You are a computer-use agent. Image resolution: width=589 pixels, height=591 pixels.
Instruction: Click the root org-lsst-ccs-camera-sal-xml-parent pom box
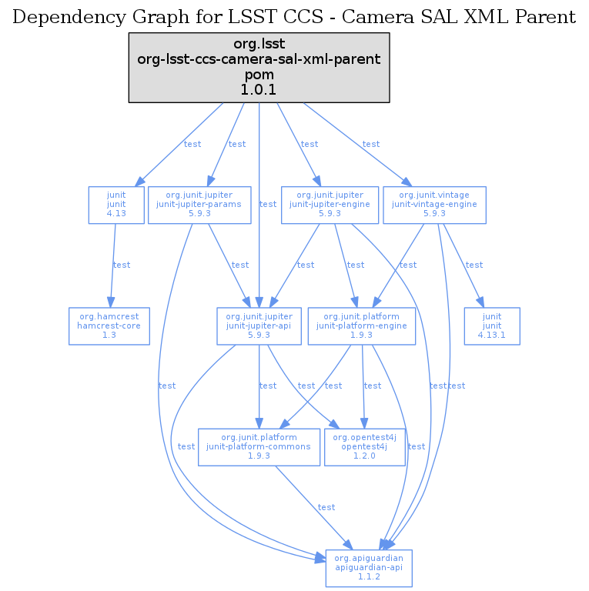(x=259, y=68)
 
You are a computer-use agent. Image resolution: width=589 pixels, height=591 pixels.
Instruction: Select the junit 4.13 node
(x=116, y=205)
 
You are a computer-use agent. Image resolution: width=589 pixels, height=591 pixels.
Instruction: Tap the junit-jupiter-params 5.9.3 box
(x=199, y=205)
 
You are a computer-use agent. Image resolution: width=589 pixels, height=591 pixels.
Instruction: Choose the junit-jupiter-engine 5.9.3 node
(x=330, y=205)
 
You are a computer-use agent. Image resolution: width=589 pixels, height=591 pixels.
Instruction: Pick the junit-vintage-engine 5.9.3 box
(x=434, y=205)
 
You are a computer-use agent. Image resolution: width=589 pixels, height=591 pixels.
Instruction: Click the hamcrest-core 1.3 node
(x=109, y=326)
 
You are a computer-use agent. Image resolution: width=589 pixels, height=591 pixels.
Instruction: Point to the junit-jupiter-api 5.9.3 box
(x=259, y=326)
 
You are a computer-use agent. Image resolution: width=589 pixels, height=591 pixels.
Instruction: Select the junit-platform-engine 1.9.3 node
(x=362, y=326)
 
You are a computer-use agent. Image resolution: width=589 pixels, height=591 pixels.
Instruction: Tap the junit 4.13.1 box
(x=492, y=326)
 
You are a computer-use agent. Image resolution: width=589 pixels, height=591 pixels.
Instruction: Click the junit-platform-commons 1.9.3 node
(x=259, y=447)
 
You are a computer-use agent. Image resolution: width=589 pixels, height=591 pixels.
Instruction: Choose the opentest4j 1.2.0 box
(x=365, y=447)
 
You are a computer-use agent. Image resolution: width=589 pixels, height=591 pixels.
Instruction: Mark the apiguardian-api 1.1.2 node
(x=369, y=568)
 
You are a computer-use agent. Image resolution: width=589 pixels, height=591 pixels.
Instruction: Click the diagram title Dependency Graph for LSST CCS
(x=295, y=17)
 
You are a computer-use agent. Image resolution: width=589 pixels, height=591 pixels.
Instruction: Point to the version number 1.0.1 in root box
(x=259, y=91)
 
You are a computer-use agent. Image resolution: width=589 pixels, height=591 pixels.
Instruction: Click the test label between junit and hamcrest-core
(x=122, y=265)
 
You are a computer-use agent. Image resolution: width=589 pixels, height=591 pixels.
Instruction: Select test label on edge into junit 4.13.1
(x=474, y=265)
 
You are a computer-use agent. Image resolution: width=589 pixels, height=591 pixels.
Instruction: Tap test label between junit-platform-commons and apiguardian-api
(x=326, y=508)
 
